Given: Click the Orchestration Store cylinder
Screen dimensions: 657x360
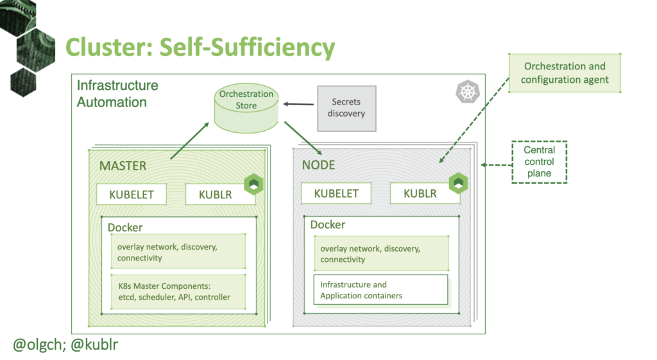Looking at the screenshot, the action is [x=246, y=108].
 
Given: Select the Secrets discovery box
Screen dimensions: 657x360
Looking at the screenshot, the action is [x=346, y=108].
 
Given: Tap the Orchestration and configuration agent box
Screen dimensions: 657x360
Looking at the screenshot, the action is [x=565, y=73].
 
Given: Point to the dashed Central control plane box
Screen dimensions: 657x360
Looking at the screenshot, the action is [x=539, y=162].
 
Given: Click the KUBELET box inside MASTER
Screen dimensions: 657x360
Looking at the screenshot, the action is [x=132, y=194].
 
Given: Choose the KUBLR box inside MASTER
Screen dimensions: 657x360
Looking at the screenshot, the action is [x=220, y=194].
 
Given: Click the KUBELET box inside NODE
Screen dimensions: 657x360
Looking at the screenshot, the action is [x=336, y=193].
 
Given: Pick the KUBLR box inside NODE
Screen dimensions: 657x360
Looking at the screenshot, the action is [x=425, y=193].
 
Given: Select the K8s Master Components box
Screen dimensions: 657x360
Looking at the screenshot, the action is [x=178, y=292].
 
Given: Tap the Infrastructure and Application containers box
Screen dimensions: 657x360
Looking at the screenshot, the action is [x=381, y=289].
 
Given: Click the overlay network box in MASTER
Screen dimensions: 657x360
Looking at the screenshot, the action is [x=178, y=252].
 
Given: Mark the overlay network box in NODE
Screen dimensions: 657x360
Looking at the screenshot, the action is [x=381, y=253].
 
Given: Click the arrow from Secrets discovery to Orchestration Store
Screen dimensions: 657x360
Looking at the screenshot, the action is [x=298, y=104].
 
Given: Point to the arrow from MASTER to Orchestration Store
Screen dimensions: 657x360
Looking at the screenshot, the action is [x=190, y=141].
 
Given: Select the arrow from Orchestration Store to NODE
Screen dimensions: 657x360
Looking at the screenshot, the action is [x=303, y=139].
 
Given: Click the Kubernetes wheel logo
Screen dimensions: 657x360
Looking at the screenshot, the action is [x=468, y=91].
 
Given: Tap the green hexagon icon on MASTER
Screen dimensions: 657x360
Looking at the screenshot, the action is [x=253, y=184].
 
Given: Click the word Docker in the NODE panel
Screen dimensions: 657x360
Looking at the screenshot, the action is [x=328, y=225].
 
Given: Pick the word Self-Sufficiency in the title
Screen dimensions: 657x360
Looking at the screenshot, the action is [x=247, y=47].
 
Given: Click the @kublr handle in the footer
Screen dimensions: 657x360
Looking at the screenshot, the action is [x=94, y=345].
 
